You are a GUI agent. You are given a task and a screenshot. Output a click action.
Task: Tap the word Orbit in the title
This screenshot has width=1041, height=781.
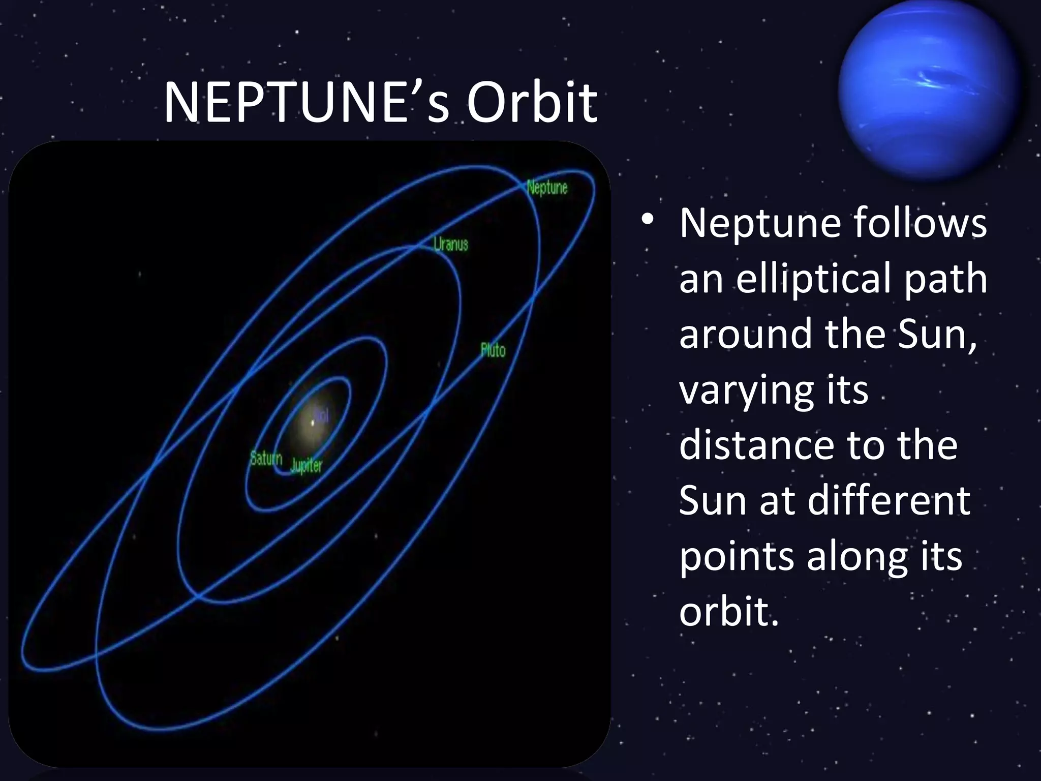click(532, 104)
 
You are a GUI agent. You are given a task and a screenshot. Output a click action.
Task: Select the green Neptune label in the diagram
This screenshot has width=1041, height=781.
click(547, 188)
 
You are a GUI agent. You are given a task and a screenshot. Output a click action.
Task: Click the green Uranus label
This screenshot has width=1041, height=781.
click(450, 245)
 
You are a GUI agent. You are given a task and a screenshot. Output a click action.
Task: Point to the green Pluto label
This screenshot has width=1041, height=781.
click(493, 350)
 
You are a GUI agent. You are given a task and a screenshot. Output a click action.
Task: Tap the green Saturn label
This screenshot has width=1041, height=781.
click(266, 459)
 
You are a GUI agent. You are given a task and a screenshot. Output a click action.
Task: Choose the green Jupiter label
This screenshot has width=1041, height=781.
click(306, 465)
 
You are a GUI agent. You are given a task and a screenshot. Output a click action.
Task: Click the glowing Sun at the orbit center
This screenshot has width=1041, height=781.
click(313, 422)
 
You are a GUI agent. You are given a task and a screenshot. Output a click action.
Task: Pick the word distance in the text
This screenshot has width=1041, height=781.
click(757, 445)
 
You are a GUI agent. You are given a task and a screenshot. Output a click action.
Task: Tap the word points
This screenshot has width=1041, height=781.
click(736, 557)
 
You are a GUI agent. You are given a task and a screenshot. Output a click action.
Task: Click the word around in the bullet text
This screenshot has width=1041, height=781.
click(745, 334)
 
